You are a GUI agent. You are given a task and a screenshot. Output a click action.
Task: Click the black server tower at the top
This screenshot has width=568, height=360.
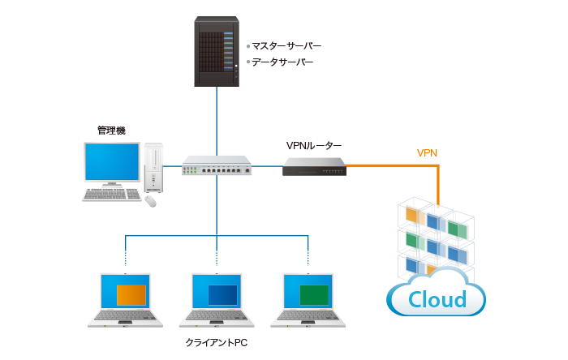217,52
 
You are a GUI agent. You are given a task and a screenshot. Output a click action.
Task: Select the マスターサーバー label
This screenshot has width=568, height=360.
283,46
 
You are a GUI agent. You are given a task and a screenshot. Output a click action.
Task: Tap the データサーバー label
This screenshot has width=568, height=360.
279,62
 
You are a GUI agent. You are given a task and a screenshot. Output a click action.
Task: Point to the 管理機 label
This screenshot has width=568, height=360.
111,130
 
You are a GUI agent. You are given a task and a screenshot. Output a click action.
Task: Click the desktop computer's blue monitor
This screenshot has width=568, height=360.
111,161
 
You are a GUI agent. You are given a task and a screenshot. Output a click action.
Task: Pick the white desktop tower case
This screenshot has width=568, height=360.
153,167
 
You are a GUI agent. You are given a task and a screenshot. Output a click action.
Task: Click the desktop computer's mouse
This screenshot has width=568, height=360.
150,201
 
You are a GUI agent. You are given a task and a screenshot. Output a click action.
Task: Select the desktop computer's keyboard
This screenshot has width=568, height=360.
112,195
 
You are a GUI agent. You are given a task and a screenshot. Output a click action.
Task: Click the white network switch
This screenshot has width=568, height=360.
217,165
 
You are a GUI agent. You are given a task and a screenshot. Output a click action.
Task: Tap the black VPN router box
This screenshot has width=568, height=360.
314,166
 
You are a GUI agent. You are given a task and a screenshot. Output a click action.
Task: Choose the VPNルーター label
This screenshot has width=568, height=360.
313,146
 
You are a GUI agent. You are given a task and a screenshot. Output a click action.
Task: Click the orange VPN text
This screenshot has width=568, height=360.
427,152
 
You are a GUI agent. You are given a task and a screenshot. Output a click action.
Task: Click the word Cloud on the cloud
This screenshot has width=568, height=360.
437,299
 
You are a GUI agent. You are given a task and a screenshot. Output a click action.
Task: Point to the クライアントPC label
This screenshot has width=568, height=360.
216,344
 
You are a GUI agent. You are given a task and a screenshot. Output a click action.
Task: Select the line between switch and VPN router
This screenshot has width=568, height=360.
267,166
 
